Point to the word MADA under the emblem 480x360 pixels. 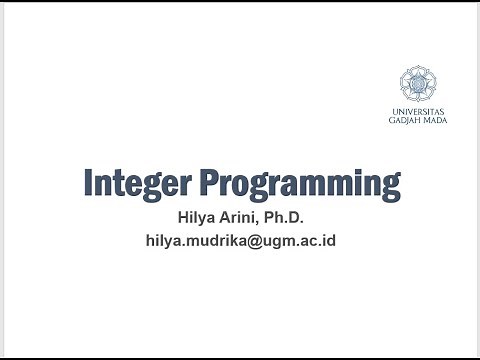434,119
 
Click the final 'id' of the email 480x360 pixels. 328,241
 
